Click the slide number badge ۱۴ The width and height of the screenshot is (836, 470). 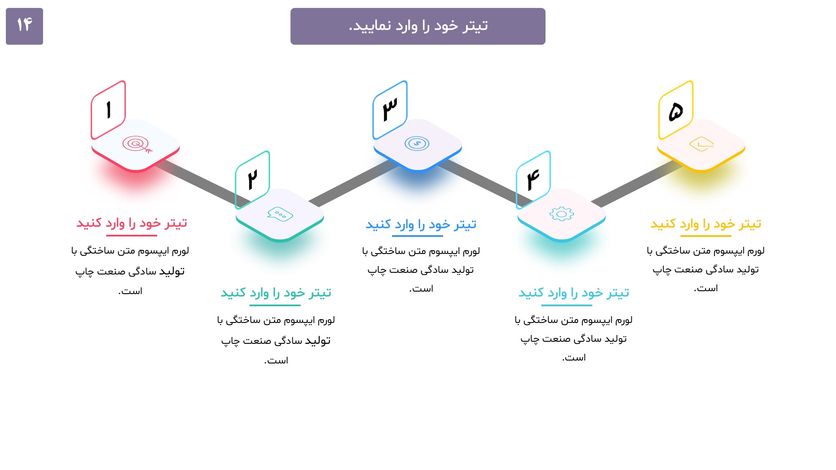pyautogui.click(x=24, y=26)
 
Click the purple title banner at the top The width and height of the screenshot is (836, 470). pyautogui.click(x=418, y=26)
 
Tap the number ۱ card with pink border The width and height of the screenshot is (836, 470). pyautogui.click(x=108, y=110)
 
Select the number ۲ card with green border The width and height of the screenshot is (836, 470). pyautogui.click(x=252, y=180)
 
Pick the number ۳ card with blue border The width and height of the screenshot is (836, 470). pyautogui.click(x=390, y=110)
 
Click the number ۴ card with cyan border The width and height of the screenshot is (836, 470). pyautogui.click(x=533, y=180)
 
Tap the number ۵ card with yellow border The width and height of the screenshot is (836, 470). pyautogui.click(x=676, y=110)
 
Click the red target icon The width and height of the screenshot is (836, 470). pyautogui.click(x=137, y=145)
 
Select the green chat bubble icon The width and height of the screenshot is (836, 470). pyautogui.click(x=280, y=214)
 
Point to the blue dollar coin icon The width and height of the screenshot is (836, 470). pyautogui.click(x=417, y=144)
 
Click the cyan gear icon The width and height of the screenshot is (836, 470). pyautogui.click(x=561, y=214)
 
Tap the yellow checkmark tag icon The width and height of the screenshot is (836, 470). pyautogui.click(x=701, y=144)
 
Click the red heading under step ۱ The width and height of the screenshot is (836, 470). pyautogui.click(x=132, y=223)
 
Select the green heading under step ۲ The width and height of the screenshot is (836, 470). pyautogui.click(x=276, y=293)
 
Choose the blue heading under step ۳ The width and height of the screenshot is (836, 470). pyautogui.click(x=421, y=225)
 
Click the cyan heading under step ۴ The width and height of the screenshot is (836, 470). pyautogui.click(x=573, y=293)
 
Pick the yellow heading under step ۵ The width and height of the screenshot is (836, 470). pyautogui.click(x=706, y=224)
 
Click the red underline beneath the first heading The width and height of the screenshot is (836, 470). pyautogui.click(x=132, y=236)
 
